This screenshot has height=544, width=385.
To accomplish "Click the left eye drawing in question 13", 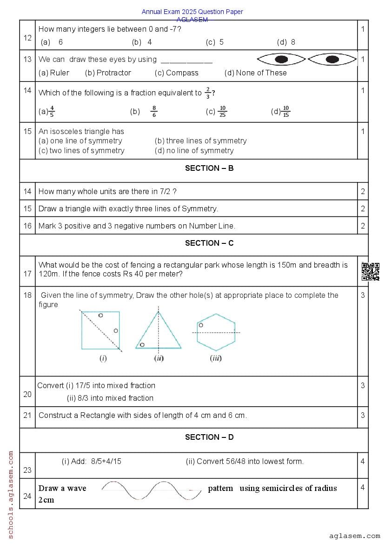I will (281, 60).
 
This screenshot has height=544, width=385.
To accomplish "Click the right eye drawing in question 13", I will (332, 60).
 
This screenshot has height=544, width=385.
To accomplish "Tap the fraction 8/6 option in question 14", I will (154, 112).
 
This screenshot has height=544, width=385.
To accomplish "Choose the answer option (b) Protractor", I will (108, 73).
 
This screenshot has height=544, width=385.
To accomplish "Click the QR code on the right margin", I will (370, 271).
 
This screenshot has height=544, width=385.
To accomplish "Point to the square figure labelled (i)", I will (100, 330).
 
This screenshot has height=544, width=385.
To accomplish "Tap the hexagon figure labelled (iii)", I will (216, 332).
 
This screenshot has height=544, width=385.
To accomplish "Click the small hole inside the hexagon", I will (201, 325).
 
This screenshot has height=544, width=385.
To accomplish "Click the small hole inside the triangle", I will (142, 345).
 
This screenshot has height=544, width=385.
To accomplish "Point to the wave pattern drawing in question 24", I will (152, 490).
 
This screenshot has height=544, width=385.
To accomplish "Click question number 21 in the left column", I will (27, 415).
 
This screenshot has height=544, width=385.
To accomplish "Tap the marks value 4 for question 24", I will (363, 487).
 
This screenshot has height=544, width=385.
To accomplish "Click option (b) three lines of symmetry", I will (200, 141).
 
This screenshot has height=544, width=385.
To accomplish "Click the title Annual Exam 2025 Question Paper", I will (192, 12).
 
